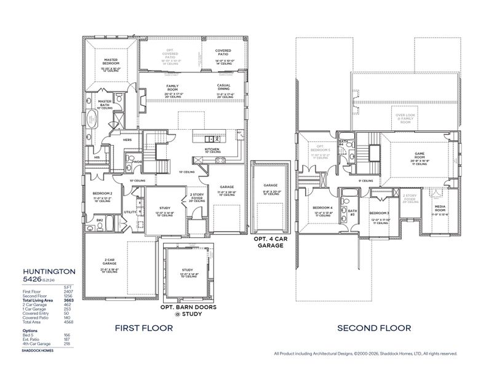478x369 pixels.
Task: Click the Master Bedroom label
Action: click(110, 61)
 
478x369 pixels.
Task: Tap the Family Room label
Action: click(172, 88)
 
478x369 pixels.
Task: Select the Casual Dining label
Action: click(223, 88)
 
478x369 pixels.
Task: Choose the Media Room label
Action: click(440, 209)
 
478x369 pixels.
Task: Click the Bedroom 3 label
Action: click(380, 213)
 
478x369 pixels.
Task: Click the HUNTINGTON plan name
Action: click(49, 270)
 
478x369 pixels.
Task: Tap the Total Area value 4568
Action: click(69, 321)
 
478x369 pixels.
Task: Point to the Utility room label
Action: click(130, 212)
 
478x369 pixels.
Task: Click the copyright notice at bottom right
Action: click(365, 354)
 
